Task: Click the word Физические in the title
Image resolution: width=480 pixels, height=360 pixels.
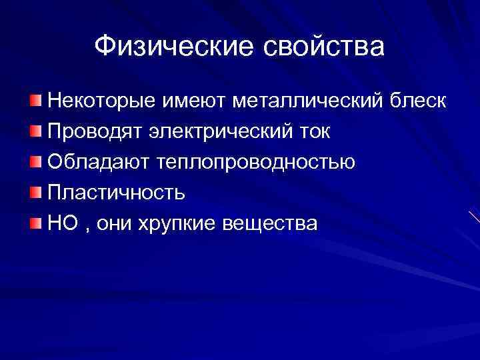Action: coord(171,47)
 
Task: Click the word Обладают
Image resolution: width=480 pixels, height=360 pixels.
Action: coord(97,162)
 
